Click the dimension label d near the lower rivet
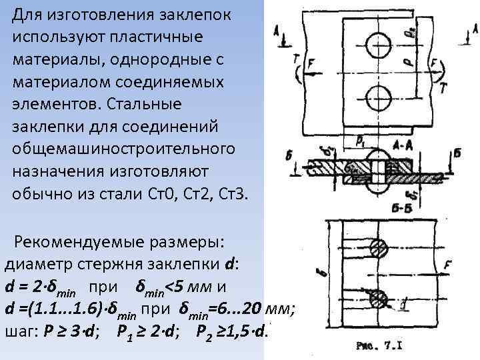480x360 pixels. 405,304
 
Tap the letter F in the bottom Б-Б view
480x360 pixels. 447,265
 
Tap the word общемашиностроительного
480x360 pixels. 123,147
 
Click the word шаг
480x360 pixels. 19,331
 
